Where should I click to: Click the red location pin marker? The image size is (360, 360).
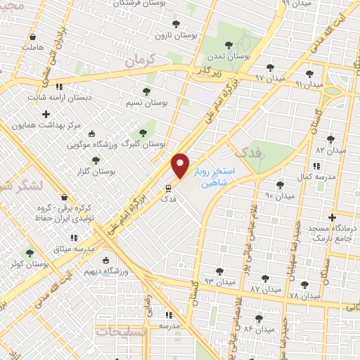coord(181,165)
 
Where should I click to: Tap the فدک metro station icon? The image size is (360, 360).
coord(167,188)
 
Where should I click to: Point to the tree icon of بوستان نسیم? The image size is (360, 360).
coord(146,91)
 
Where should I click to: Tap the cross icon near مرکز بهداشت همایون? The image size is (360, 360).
coord(46,113)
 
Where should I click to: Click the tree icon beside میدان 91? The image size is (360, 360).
coord(309,73)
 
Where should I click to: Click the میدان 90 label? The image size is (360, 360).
coord(280,197)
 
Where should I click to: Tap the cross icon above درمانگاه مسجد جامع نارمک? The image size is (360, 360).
coord(333,217)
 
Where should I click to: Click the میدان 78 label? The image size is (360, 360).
coord(304,297)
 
